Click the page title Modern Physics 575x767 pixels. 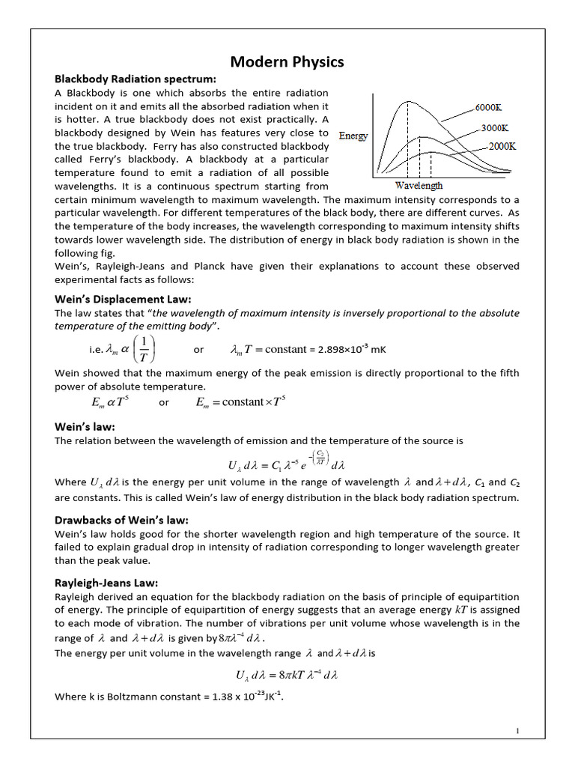pyautogui.click(x=287, y=61)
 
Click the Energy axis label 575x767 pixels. pyautogui.click(x=353, y=136)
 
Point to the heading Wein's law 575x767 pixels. pyautogui.click(x=85, y=427)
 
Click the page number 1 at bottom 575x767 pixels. pyautogui.click(x=517, y=731)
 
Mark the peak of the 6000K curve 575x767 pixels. pyautogui.click(x=407, y=101)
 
